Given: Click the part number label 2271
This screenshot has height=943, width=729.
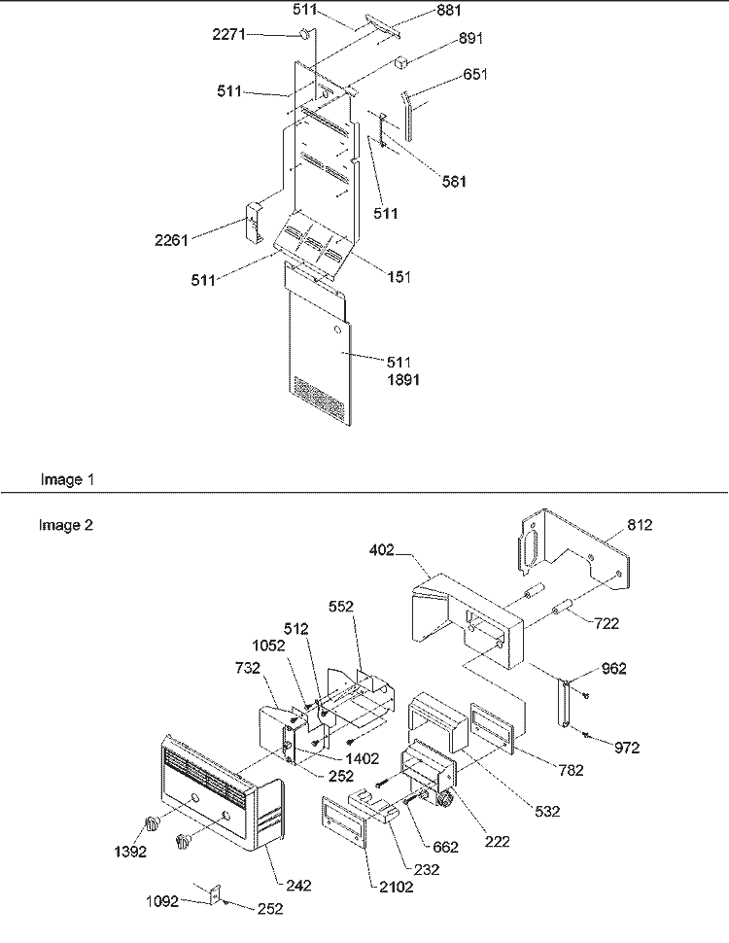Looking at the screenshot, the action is (228, 34).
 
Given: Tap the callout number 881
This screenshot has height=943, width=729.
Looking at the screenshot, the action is (449, 11).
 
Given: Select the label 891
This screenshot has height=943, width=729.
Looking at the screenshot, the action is (470, 39).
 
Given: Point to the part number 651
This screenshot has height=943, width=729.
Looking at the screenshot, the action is (475, 75).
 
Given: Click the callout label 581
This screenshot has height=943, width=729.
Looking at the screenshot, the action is (454, 182).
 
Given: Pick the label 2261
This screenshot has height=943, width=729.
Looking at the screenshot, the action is (171, 240).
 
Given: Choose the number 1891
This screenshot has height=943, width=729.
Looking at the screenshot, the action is (403, 380).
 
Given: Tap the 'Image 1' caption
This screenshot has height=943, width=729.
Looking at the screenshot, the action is (67, 480).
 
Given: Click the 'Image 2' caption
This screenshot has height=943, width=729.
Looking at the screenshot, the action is (66, 526).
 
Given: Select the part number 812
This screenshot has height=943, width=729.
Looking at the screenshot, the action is (640, 525).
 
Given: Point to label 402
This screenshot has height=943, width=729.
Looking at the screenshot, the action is (382, 550).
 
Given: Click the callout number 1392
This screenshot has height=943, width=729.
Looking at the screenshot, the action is (130, 852).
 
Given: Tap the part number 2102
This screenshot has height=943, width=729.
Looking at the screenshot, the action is (397, 887).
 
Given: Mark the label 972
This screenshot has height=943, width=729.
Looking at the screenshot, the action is (627, 748).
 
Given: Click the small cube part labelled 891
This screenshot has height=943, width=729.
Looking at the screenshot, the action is (401, 63).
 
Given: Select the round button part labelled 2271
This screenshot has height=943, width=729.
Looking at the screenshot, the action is (305, 34).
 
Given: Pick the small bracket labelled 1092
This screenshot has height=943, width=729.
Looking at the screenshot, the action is (215, 894).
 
